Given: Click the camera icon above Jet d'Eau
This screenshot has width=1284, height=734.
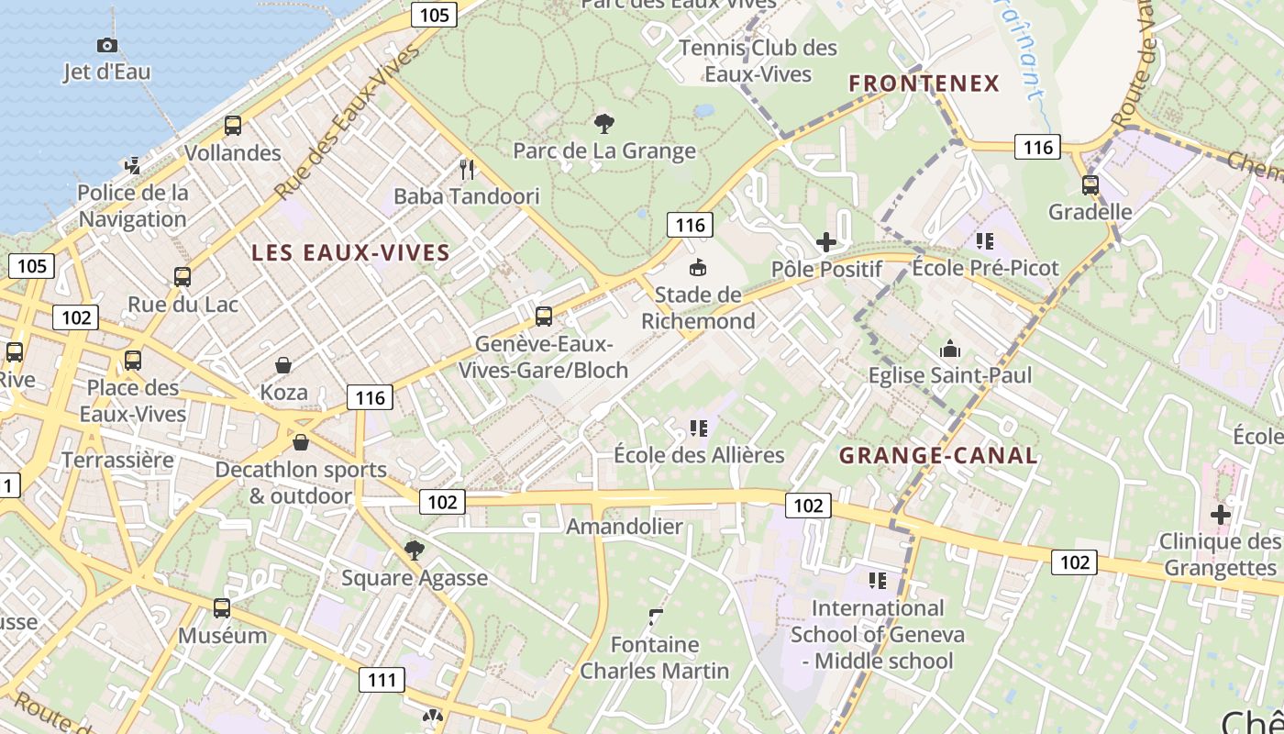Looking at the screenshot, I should pyautogui.click(x=107, y=45).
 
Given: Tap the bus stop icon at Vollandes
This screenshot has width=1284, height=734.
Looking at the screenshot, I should pyautogui.click(x=233, y=126).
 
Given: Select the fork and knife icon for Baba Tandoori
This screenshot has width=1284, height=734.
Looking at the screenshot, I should pyautogui.click(x=467, y=169).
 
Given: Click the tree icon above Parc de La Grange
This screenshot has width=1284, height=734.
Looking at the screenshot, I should pyautogui.click(x=604, y=123).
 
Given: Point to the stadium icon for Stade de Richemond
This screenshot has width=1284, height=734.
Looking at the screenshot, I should pyautogui.click(x=698, y=268).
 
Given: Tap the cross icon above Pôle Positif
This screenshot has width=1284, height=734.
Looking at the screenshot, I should pyautogui.click(x=826, y=242).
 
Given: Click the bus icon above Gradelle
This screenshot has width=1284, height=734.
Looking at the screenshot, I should pyautogui.click(x=1090, y=185).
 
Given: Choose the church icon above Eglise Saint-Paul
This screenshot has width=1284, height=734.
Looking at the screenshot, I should pyautogui.click(x=950, y=349).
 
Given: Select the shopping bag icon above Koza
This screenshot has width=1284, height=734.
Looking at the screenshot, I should pyautogui.click(x=283, y=365).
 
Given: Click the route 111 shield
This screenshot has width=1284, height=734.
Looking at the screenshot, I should pyautogui.click(x=381, y=680).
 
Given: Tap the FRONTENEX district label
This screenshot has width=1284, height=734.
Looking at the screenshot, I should pyautogui.click(x=924, y=83).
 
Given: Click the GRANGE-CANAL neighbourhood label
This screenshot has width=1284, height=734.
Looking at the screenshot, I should pyautogui.click(x=938, y=456).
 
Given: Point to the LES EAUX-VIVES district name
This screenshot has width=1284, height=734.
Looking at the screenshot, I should pyautogui.click(x=350, y=253).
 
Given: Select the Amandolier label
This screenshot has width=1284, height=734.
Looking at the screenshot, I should pyautogui.click(x=625, y=527).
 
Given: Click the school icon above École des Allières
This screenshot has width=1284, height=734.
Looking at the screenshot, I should pyautogui.click(x=699, y=428).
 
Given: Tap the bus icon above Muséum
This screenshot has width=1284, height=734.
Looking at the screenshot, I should pyautogui.click(x=222, y=608).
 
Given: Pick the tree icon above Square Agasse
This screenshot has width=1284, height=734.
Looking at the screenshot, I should pyautogui.click(x=415, y=550).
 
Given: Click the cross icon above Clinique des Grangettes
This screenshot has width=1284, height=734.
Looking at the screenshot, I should pyautogui.click(x=1220, y=515).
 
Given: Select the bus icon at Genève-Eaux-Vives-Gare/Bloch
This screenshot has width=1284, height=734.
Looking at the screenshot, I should pyautogui.click(x=544, y=317).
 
